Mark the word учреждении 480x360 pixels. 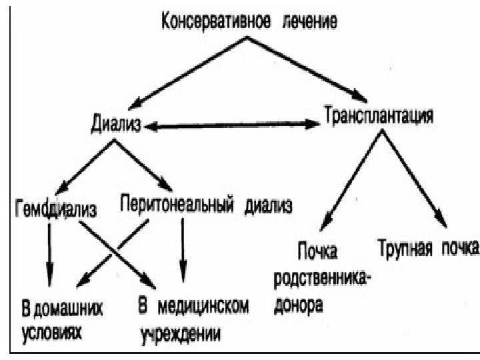point(180,332)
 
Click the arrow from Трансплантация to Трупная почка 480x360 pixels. point(417,176)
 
